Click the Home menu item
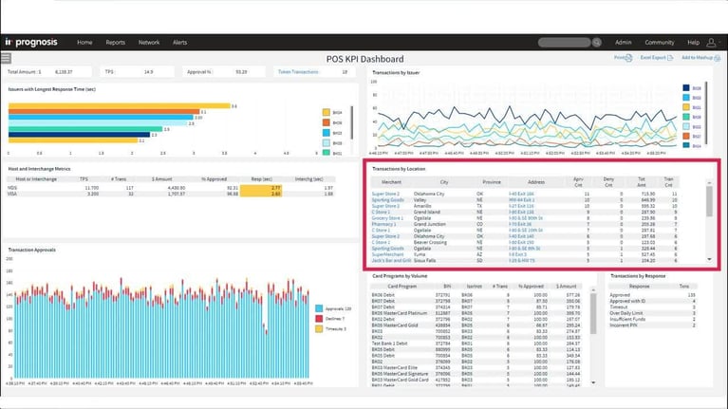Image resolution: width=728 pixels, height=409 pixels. click(84, 43)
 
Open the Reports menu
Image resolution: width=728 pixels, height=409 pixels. click(116, 43)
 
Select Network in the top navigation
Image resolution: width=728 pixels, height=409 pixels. click(149, 43)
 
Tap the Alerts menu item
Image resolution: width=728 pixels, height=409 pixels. click(180, 43)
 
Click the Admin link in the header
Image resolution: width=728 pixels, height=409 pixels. click(623, 43)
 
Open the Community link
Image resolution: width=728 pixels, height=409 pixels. click(659, 43)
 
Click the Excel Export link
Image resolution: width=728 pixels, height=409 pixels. click(653, 59)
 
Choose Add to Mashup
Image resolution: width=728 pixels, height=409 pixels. click(699, 59)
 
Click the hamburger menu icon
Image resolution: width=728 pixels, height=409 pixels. click(6, 59)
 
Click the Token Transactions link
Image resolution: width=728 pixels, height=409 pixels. click(297, 72)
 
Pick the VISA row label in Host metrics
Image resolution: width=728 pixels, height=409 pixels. click(13, 193)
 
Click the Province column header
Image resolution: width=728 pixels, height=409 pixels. click(492, 180)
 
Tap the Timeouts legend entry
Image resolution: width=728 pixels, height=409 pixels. click(332, 328)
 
